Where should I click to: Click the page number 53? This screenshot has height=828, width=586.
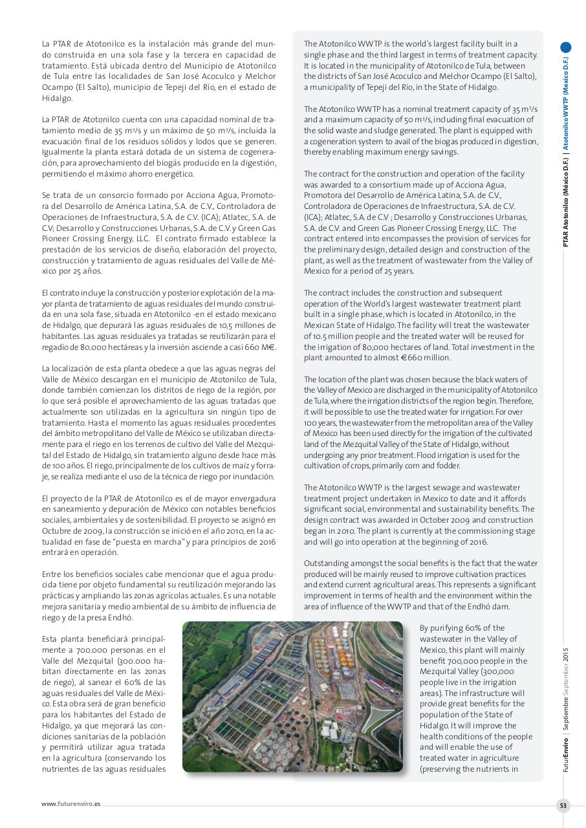pos(563,805)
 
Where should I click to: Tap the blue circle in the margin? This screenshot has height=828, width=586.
pos(566,47)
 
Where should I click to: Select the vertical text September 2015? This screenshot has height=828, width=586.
pos(566,672)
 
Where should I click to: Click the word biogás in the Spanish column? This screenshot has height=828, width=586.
pos(174,163)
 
